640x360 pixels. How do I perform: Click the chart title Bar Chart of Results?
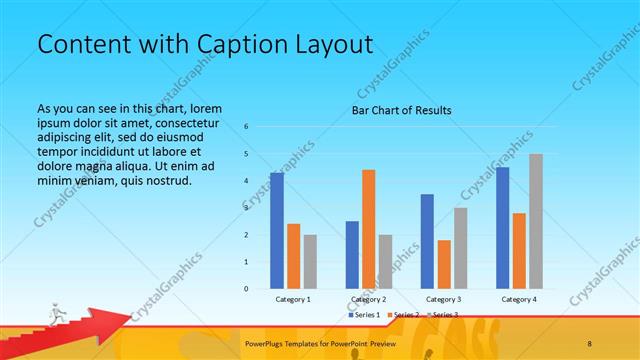pos(401,110)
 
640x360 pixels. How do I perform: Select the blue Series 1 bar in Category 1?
pos(277,231)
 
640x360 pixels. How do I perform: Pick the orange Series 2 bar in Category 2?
pos(368,229)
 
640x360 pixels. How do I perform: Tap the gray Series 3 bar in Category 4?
pos(535,221)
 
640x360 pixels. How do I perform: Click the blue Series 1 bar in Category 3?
pos(427,241)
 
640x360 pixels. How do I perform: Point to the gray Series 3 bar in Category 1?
pos(310,262)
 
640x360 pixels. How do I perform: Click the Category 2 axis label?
pos(368,299)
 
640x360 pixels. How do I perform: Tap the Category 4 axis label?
pos(518,299)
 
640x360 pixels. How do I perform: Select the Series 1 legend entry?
pos(364,315)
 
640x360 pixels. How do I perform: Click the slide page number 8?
pos(589,343)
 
